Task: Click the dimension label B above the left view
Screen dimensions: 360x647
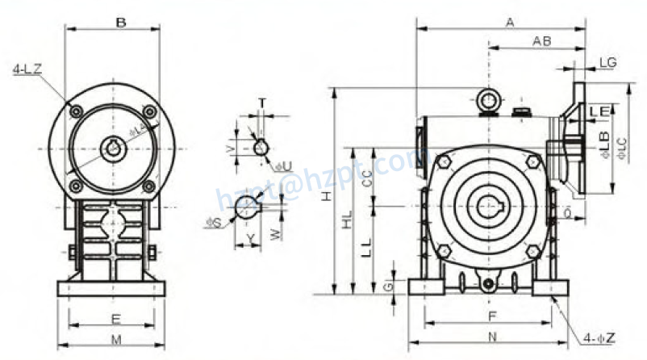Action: pos(119,23)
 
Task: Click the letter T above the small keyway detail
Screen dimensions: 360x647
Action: pos(261,103)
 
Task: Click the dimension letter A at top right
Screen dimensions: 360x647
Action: pos(509,23)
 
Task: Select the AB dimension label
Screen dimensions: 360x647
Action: pos(542,40)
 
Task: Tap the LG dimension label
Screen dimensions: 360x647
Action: pos(609,62)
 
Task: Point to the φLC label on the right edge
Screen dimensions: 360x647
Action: pos(621,147)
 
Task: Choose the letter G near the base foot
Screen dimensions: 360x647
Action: pos(388,286)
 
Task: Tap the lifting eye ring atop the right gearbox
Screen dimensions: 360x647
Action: pos(486,100)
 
